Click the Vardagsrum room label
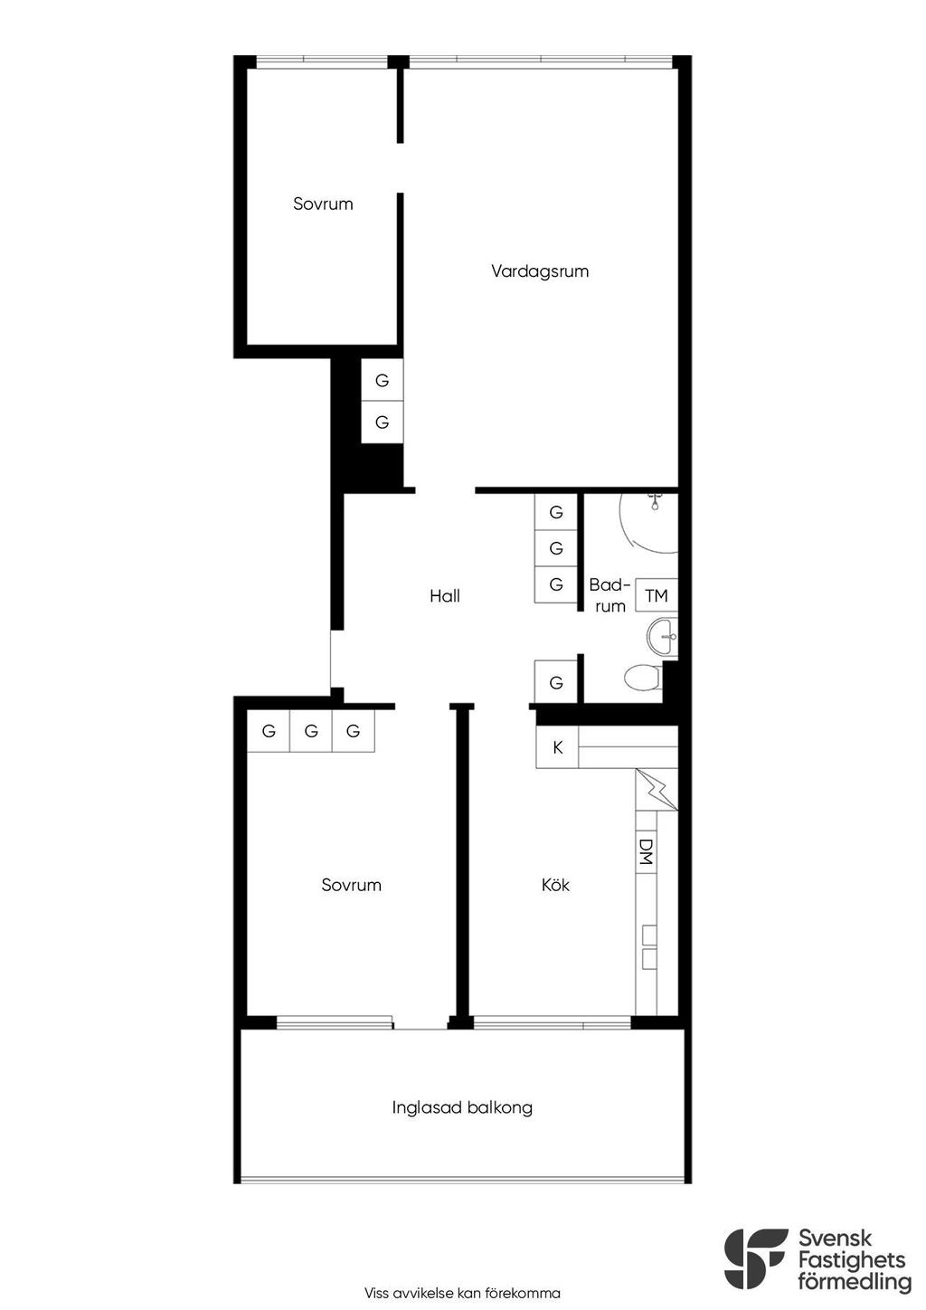pos(540,271)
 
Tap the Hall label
pos(445,596)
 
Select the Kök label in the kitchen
pos(555,884)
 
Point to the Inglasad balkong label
pos(462,1107)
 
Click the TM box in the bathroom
pos(657,595)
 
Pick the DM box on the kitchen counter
pos(646,851)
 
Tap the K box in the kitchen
pos(557,746)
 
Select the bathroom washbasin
pos(662,636)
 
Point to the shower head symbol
pos(654,502)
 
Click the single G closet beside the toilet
pos(556,682)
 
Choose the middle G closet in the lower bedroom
pos(311,730)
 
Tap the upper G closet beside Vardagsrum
pos(383,380)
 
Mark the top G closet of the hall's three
pos(556,512)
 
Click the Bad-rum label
pos(609,595)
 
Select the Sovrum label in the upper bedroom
pos(323,204)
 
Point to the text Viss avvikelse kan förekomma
pos(462,1293)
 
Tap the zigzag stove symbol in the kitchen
pos(657,790)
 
